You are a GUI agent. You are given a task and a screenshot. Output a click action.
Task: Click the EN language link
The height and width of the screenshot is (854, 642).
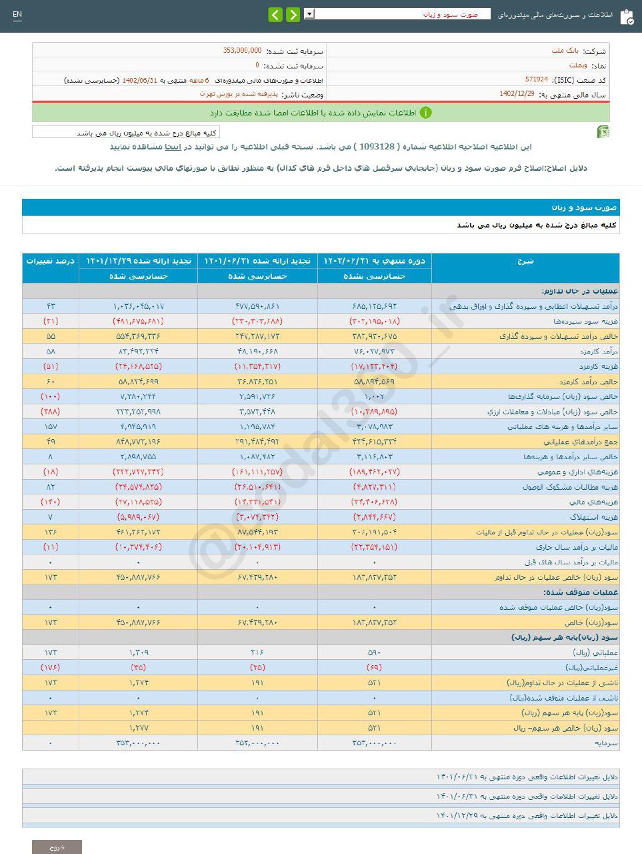[17, 14]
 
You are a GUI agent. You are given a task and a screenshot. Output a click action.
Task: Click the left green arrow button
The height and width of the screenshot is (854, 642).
[275, 15]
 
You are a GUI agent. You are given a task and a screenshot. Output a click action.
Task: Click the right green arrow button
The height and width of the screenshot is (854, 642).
[293, 15]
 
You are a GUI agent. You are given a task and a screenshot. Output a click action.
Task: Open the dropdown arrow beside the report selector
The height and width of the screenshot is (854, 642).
[309, 14]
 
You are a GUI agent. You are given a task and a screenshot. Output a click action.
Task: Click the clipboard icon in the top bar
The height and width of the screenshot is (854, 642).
[627, 17]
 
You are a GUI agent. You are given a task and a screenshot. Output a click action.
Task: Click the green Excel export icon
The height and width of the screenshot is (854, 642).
[603, 131]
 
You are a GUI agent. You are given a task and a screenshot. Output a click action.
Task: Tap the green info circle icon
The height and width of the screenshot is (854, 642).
[425, 113]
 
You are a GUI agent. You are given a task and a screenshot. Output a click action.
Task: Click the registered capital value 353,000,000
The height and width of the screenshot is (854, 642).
[242, 51]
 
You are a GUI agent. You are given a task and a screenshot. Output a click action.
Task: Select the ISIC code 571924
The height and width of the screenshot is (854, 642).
[536, 79]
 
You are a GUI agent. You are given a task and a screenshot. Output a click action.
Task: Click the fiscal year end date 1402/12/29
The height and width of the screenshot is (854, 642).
[517, 94]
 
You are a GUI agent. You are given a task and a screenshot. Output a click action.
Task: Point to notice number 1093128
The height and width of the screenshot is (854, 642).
[377, 146]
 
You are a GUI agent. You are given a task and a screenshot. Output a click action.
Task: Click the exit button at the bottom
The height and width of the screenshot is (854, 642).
[57, 847]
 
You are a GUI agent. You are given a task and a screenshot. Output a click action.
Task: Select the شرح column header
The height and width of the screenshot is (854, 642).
[525, 261]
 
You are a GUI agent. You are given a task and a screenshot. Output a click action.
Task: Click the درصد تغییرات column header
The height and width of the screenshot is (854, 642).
[50, 261]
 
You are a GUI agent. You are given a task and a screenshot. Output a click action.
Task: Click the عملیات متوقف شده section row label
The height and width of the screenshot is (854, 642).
[580, 592]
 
